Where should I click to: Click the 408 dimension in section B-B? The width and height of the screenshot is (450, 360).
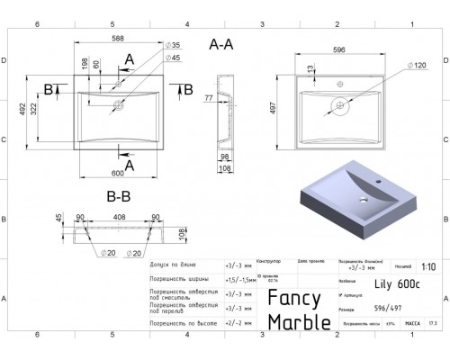pyautogui.click(x=118, y=216)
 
